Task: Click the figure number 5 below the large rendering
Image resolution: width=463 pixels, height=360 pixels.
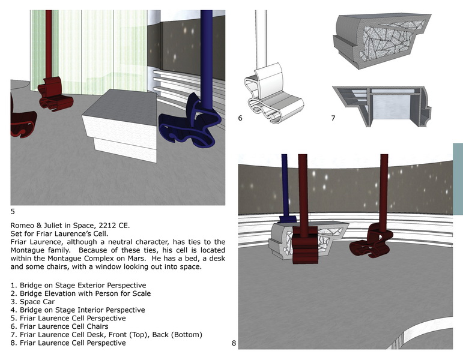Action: (x=13, y=212)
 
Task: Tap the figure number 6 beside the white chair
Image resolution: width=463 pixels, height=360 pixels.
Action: (x=240, y=118)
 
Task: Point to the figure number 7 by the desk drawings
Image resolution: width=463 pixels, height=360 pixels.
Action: (x=333, y=118)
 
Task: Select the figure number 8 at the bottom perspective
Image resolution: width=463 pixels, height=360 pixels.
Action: (x=234, y=343)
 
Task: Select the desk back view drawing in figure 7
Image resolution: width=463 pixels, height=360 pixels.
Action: (x=381, y=106)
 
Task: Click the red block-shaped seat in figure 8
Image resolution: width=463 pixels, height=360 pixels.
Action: (x=305, y=245)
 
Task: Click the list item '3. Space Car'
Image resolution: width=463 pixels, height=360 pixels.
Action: (x=33, y=302)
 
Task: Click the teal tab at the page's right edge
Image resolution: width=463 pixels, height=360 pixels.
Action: (x=458, y=179)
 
